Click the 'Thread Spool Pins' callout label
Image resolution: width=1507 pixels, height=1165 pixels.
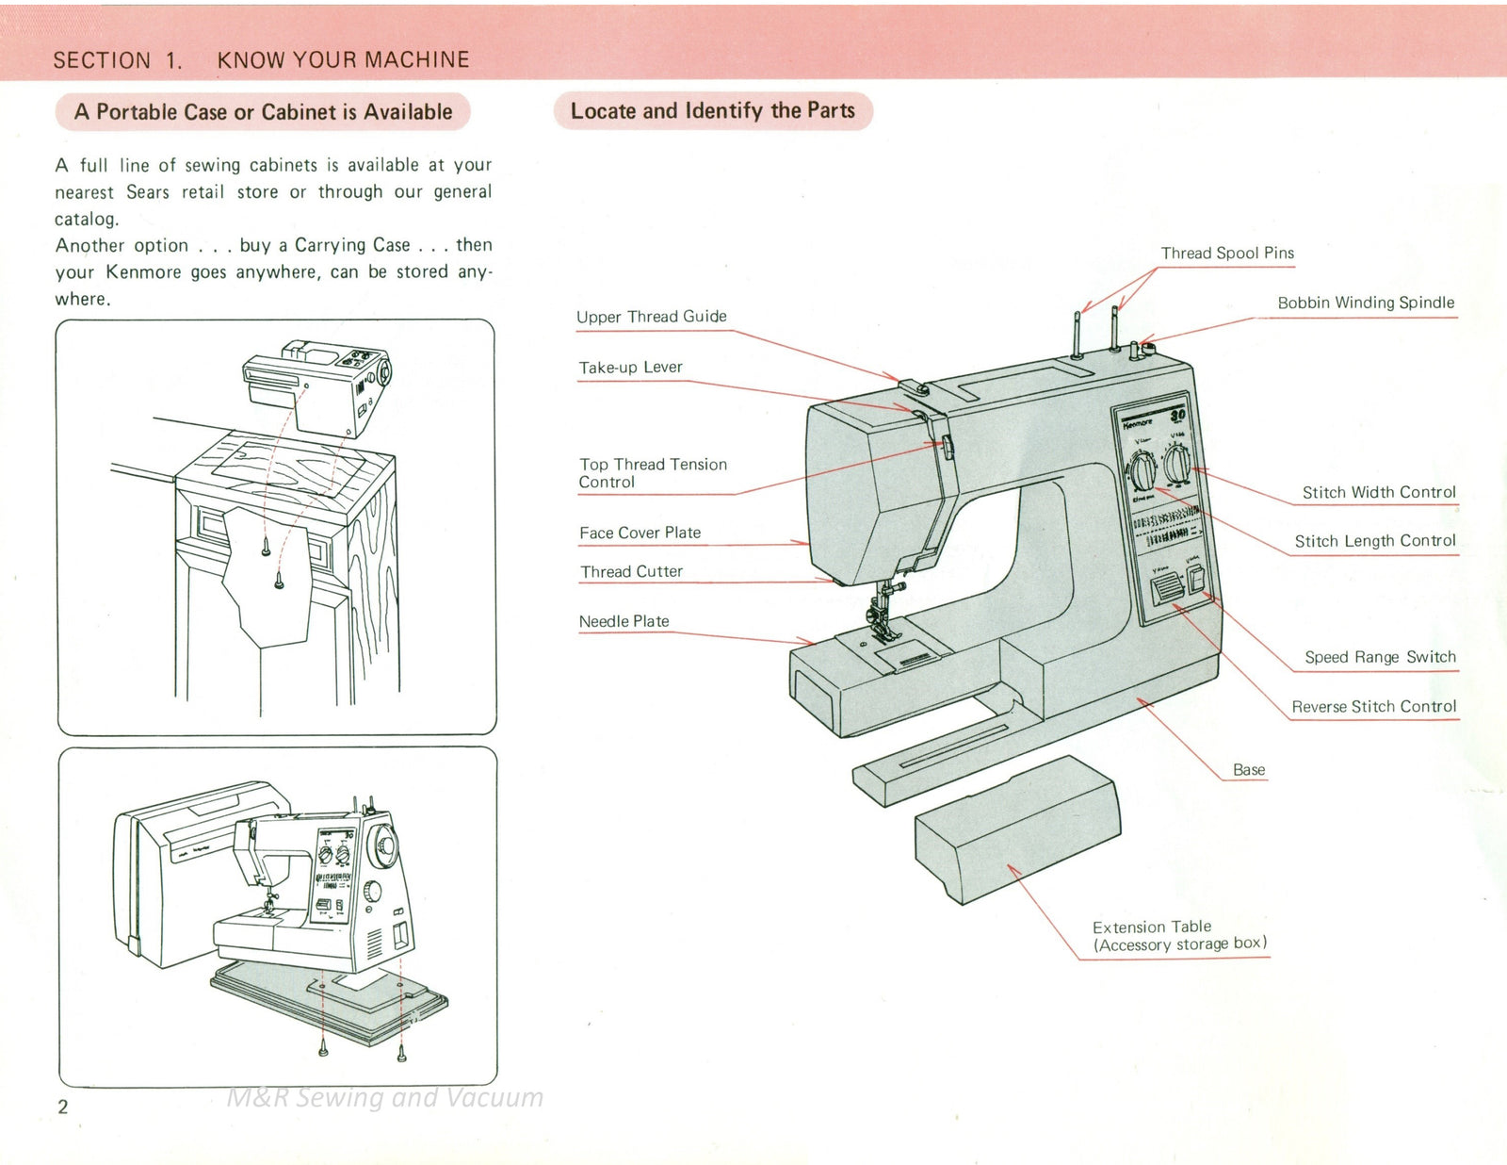1226,253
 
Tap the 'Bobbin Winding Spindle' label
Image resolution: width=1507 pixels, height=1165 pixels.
1365,303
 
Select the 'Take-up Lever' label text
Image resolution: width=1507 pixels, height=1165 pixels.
630,368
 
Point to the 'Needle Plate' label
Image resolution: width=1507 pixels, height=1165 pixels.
624,621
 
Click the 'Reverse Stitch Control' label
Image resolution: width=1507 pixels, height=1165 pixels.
1373,706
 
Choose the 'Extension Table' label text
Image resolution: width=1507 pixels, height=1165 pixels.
1152,927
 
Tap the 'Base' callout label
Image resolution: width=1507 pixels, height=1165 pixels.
1249,769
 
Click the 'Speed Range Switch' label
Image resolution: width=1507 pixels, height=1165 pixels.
1380,657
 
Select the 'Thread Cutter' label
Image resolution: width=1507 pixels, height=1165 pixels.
631,571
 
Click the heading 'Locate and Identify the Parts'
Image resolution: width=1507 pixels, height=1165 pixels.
712,111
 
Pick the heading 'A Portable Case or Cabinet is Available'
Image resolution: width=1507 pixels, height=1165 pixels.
263,112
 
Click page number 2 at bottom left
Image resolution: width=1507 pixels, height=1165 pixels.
63,1107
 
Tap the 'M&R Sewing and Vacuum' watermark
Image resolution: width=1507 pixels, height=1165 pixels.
384,1097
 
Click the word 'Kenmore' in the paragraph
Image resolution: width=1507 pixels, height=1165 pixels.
143,272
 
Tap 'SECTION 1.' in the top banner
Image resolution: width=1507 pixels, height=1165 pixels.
118,60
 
